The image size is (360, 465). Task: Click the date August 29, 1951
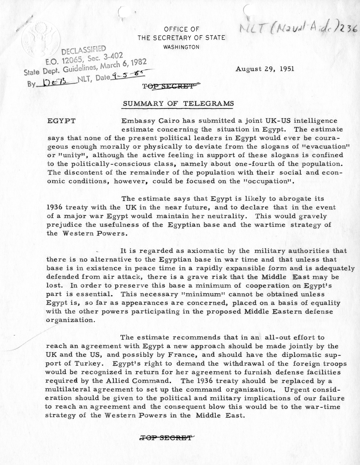pos(265,69)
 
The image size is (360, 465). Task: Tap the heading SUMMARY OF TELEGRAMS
pos(178,103)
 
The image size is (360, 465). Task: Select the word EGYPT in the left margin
pos(61,121)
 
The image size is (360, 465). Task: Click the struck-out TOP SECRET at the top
pos(169,86)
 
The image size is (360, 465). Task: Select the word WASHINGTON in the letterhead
pos(181,47)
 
